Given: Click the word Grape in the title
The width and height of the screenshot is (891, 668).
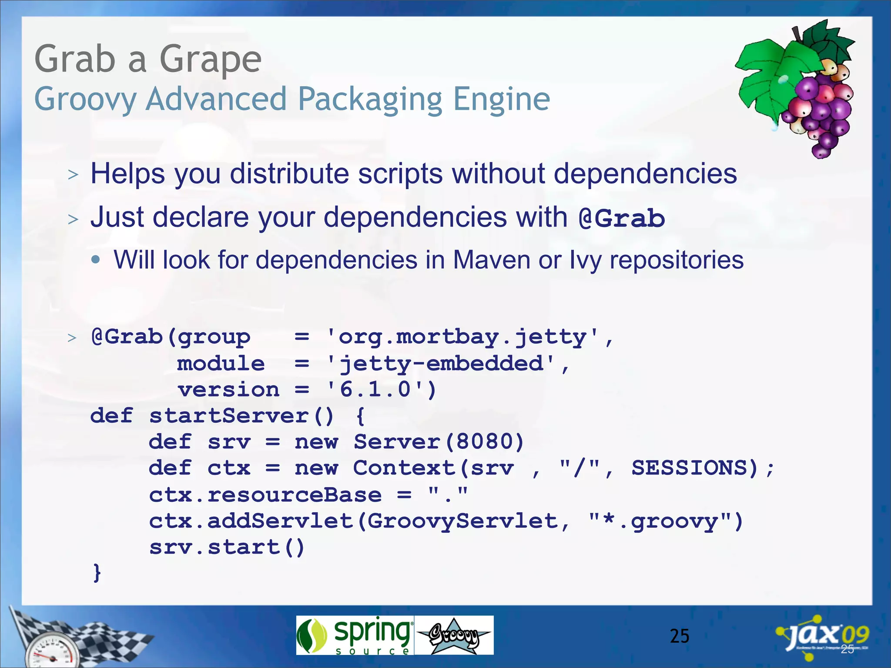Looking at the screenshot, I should pos(211,60).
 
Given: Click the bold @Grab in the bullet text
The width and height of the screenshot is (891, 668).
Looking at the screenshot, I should pos(622,218).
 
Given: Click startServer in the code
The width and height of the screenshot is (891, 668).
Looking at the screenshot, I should pos(229,416).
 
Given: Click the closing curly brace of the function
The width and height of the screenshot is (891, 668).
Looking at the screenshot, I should pos(97,573).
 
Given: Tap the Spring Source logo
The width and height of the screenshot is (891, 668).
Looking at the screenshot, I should pos(355,635).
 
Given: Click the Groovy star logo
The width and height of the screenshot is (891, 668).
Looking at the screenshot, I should pos(454,635).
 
